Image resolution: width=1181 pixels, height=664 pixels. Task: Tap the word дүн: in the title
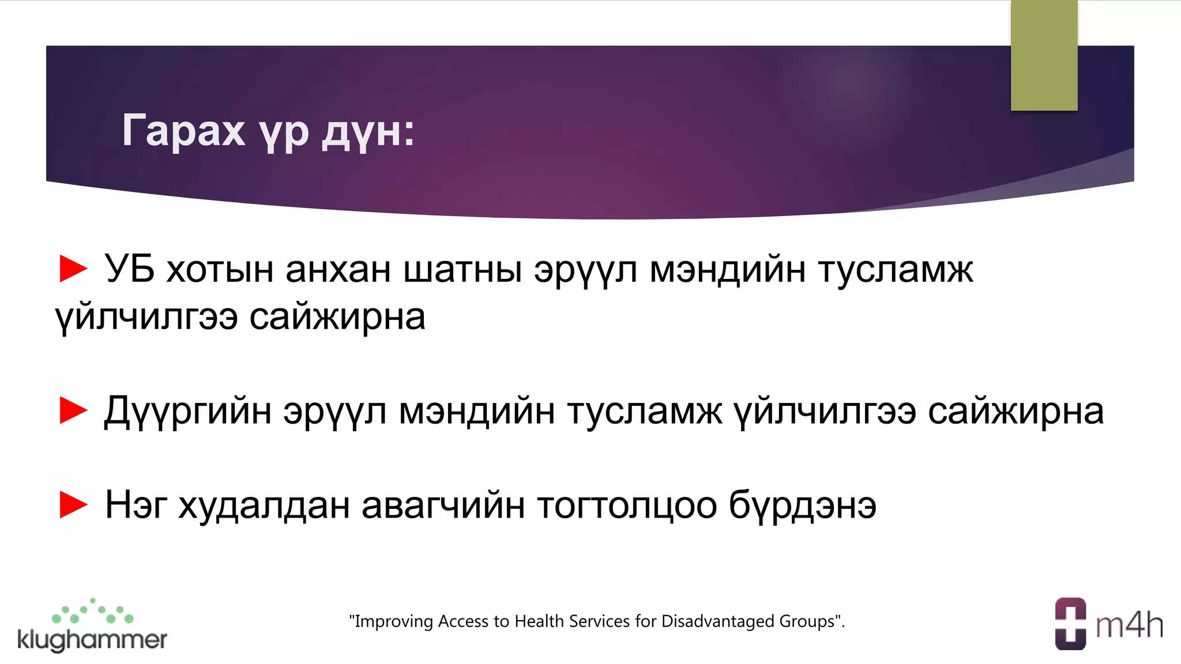367,132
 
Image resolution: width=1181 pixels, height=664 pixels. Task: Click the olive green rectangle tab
1044,55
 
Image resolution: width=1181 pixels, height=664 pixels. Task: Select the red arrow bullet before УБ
73,269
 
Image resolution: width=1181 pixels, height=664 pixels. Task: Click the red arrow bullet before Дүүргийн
73,410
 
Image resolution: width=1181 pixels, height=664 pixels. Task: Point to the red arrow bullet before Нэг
73,505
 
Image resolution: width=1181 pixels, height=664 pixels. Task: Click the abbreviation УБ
129,269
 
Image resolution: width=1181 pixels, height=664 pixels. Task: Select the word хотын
220,269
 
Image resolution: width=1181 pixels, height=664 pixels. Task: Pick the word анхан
338,269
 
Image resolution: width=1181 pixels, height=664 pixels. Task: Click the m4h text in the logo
1129,625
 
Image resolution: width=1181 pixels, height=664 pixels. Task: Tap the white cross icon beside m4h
1070,624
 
